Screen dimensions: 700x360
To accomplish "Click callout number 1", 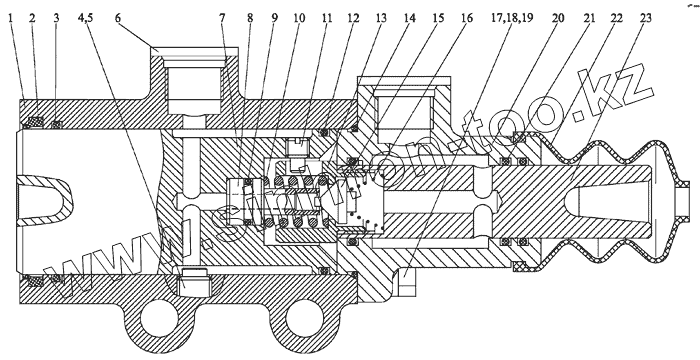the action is coord(11,18).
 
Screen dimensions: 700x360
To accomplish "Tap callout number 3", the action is coord(56,18).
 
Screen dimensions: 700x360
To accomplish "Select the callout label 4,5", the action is coord(85,18).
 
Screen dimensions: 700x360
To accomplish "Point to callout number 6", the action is coord(118,18).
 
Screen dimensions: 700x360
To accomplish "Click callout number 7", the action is coord(222,18).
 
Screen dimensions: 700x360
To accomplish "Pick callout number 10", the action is coord(299,18).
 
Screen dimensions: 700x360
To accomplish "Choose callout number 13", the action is coord(381,18).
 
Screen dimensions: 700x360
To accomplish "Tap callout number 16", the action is coord(467,18).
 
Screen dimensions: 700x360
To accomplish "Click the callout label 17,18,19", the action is coord(512,18).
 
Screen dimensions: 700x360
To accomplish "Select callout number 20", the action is coord(558,18).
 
